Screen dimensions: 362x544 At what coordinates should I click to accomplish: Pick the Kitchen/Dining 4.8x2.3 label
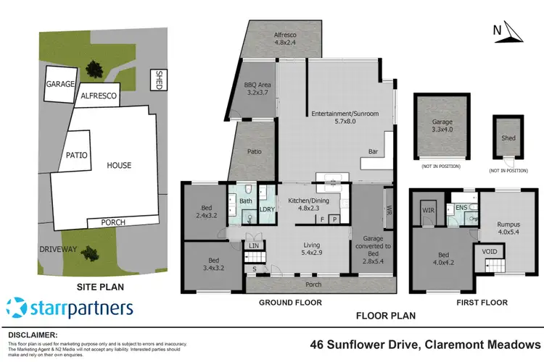coord(308,204)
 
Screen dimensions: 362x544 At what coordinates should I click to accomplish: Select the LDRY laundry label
coord(266,210)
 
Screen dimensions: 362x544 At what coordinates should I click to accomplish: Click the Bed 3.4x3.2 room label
coord(205,264)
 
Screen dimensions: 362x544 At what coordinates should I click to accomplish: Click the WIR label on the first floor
coord(427,211)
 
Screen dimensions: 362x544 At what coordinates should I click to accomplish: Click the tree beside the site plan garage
coord(94,70)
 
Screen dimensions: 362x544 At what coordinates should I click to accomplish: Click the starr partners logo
coord(70,307)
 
